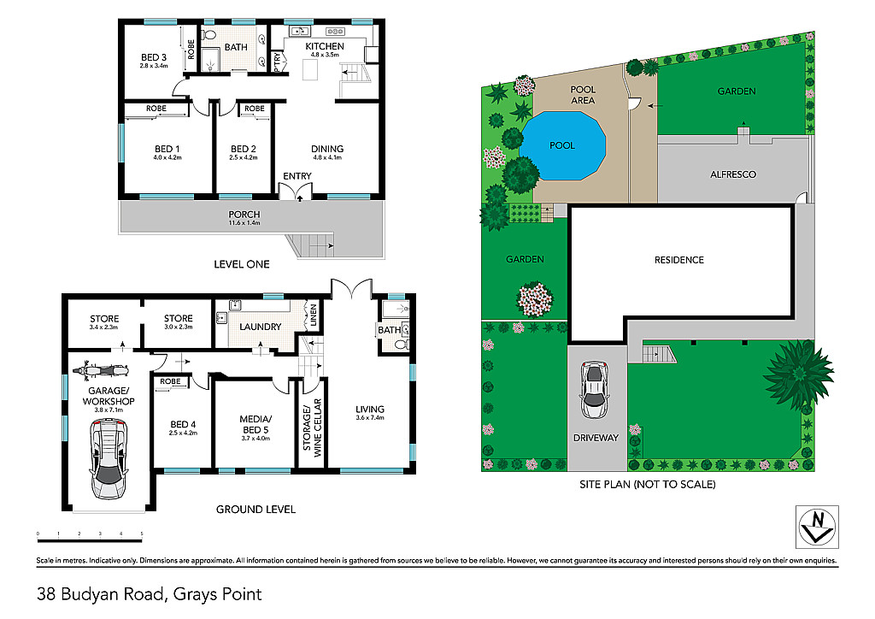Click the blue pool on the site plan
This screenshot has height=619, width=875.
point(562,145)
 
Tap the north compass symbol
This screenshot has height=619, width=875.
point(817,527)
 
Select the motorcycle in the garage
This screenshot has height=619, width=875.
point(102,369)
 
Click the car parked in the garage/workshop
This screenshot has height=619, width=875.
point(109,459)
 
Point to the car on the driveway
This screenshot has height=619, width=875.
point(595,390)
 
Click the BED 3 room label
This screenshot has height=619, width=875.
point(154,57)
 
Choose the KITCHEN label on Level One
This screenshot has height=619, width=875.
point(325,46)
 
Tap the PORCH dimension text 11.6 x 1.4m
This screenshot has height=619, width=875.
point(244,223)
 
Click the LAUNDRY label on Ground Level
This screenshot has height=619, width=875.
point(260,327)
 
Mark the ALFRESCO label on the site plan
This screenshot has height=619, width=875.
point(733,174)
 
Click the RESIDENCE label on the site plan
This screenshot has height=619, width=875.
point(679,260)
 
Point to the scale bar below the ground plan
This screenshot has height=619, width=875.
point(89,539)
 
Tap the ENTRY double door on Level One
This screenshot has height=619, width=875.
point(295,192)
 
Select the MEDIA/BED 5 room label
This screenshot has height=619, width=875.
point(255,425)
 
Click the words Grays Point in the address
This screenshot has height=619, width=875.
point(218,594)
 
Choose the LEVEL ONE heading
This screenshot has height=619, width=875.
point(242,264)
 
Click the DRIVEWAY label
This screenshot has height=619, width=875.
point(596,438)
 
